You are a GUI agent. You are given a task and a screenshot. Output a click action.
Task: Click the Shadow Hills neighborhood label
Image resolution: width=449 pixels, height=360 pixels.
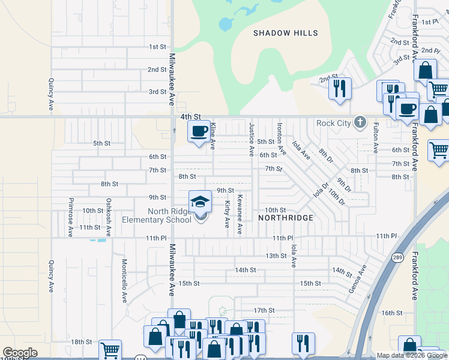coord(285,33)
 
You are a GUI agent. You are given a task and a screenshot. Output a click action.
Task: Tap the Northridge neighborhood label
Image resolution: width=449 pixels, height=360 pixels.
coord(286,218)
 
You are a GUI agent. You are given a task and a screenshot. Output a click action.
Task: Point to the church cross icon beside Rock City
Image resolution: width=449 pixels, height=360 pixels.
coord(360,122)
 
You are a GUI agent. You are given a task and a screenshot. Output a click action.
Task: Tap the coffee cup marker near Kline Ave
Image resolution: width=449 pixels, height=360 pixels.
coord(199,131)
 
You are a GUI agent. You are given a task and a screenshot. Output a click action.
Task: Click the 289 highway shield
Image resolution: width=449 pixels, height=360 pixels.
coord(398,257)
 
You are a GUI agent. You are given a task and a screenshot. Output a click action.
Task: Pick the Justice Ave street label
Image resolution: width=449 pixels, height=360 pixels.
coord(252,139)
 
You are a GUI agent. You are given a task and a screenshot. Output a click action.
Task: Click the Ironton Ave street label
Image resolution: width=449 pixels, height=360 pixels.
coord(280,139)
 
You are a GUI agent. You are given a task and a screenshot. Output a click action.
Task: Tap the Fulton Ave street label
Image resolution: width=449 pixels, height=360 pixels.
coord(376,137)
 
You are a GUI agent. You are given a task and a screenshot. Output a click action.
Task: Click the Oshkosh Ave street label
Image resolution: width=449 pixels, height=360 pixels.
coord(109,217)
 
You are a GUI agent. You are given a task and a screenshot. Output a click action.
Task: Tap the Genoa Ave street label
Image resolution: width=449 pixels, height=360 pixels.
coord(357,279)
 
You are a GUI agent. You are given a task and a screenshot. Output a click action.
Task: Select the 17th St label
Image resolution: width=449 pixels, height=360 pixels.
coord(264,310)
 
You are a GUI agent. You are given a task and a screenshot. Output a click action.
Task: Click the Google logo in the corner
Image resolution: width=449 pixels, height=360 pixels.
coord(20,353)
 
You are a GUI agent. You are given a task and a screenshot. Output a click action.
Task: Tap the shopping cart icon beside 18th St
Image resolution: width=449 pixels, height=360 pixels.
coord(110,350)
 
